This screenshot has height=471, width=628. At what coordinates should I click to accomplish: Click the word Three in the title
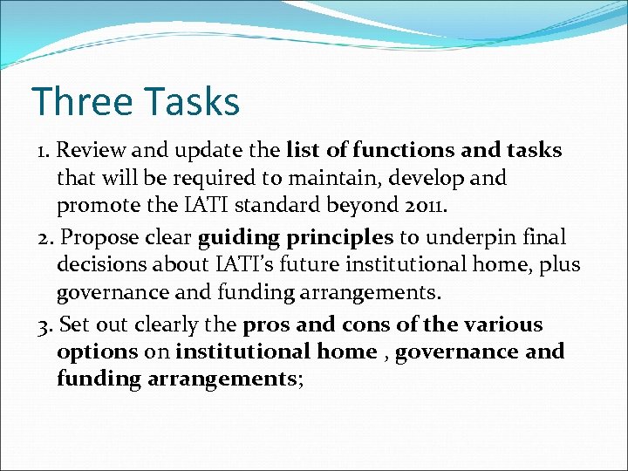[x=77, y=101]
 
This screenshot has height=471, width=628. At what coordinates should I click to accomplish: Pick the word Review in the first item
[x=87, y=151]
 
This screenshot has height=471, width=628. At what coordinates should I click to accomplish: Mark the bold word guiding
[x=238, y=238]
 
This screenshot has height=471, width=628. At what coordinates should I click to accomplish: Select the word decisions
[x=99, y=265]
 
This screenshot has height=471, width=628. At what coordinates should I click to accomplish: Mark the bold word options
[x=97, y=352]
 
